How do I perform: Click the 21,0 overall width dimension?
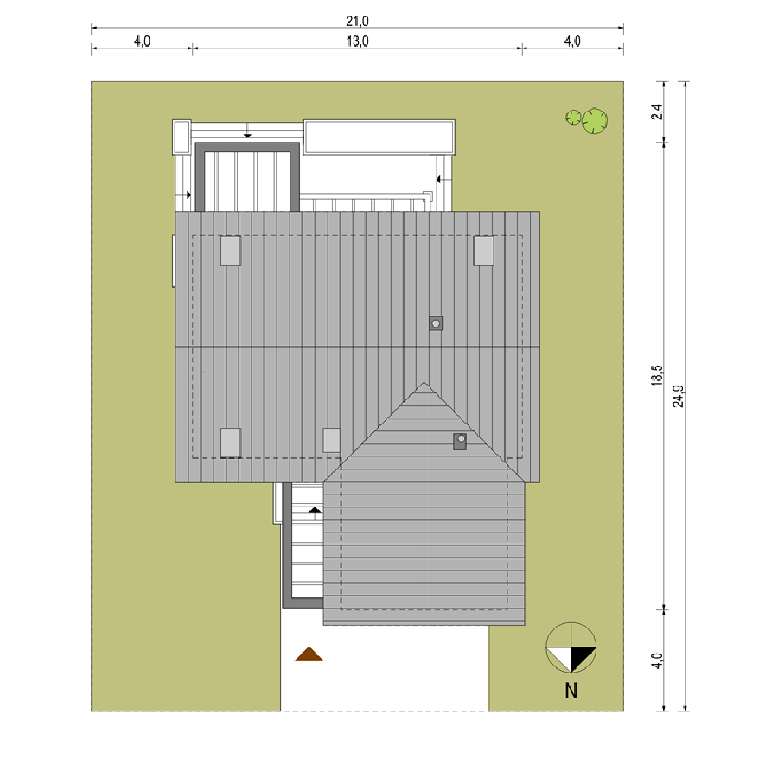pyautogui.click(x=357, y=21)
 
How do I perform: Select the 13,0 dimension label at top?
pyautogui.click(x=357, y=41)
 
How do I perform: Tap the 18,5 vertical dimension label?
pyautogui.click(x=657, y=376)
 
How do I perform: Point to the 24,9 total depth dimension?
pyautogui.click(x=678, y=396)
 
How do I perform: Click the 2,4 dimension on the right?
pyautogui.click(x=657, y=112)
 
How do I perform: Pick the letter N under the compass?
pyautogui.click(x=571, y=691)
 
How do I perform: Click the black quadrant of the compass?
pyautogui.click(x=582, y=656)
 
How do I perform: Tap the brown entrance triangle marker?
pyautogui.click(x=309, y=654)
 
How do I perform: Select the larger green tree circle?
pyautogui.click(x=595, y=121)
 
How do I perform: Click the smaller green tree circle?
pyautogui.click(x=573, y=118)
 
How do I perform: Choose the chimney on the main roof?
pyautogui.click(x=437, y=323)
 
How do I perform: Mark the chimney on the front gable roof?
pyautogui.click(x=460, y=441)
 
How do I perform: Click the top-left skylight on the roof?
pyautogui.click(x=231, y=251)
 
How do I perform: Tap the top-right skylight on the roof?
pyautogui.click(x=484, y=251)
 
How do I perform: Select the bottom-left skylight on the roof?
pyautogui.click(x=231, y=443)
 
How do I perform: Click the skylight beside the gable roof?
pyautogui.click(x=331, y=440)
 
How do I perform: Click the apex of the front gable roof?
pyautogui.click(x=424, y=382)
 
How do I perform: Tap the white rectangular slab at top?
pyautogui.click(x=379, y=137)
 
